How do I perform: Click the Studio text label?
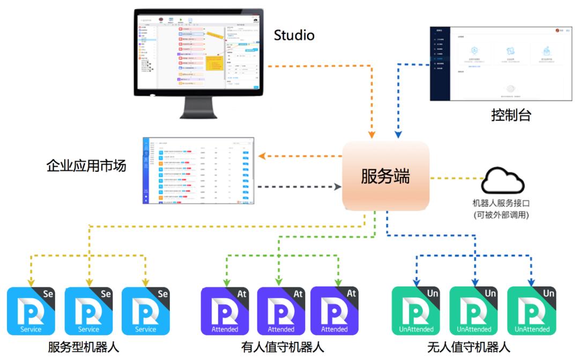tap(294, 36)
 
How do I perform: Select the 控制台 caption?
tap(510, 115)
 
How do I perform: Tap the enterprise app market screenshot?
tap(198, 171)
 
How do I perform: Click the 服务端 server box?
tap(385, 177)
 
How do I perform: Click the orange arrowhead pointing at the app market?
tap(262, 156)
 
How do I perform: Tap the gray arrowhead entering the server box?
tap(338, 187)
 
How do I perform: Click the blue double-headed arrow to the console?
tap(397, 97)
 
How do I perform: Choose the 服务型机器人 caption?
tap(83, 347)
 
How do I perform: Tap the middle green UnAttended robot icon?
tap(473, 311)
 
